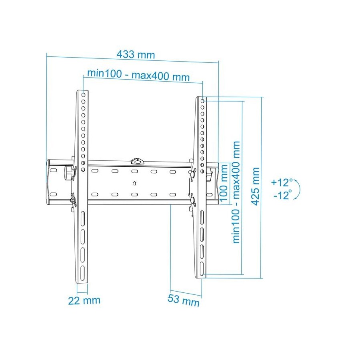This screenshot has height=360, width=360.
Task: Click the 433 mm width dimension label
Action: tap(136, 55)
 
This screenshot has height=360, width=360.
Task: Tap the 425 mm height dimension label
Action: tap(255, 186)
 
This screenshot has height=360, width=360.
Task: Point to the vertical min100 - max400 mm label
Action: tap(236, 192)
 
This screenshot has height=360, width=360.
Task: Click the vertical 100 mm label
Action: tap(224, 183)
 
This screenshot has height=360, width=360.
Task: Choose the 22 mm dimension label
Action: tap(84, 300)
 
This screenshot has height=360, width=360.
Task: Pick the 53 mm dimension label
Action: tap(184, 300)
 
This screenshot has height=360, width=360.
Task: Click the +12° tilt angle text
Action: tap(282, 182)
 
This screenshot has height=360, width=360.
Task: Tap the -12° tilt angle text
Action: tap(283, 195)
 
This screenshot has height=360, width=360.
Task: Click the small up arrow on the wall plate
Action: tap(134, 183)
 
